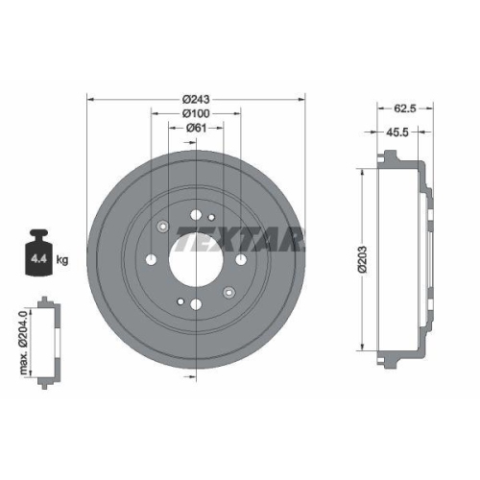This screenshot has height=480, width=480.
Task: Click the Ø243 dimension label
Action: pos(195,98)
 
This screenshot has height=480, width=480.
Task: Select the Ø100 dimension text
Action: pos(195,113)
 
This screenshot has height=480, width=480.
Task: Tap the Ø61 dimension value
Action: pos(195,128)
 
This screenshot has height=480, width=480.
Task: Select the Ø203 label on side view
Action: pos(362,258)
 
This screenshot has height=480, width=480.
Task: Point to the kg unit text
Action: pos(63,260)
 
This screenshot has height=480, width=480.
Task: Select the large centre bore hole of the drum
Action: pos(195,258)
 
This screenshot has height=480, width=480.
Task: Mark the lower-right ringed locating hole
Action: pos(228,292)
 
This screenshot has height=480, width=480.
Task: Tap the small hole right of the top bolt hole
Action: pos(210,218)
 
